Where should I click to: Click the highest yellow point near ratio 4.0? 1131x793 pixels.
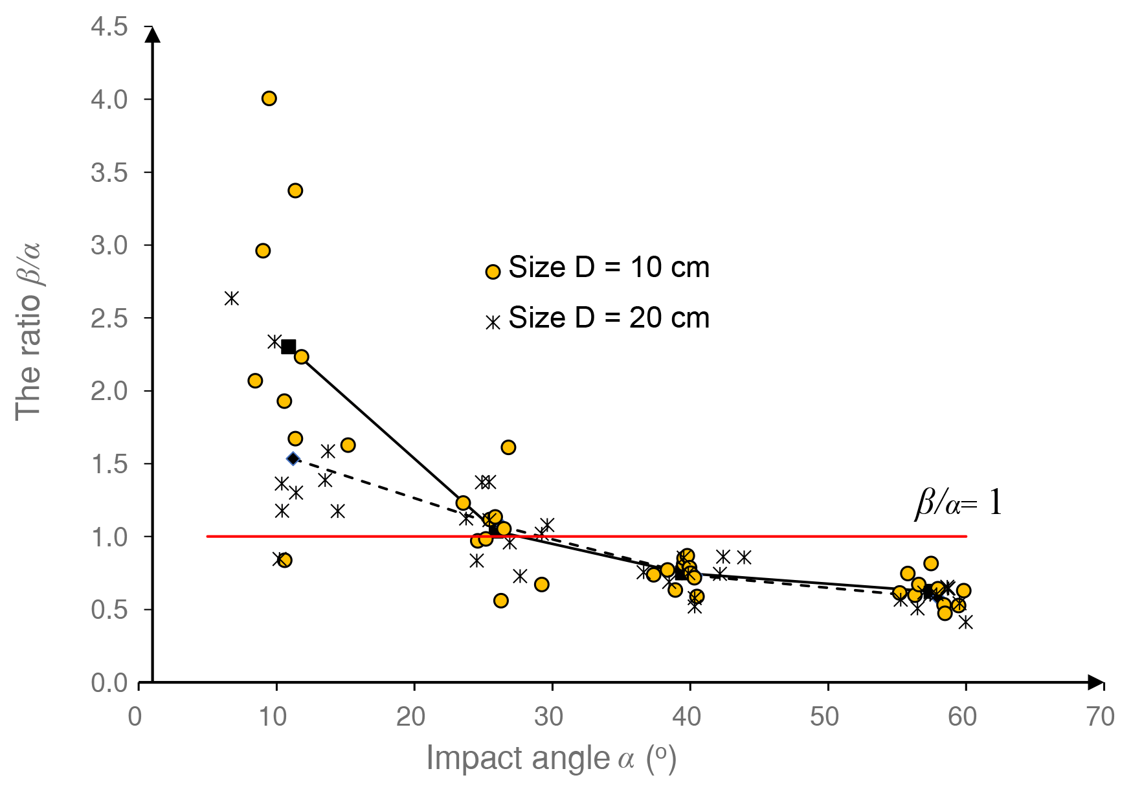tap(269, 98)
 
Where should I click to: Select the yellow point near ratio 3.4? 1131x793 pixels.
tap(295, 190)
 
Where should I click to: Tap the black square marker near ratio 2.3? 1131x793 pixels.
tap(289, 346)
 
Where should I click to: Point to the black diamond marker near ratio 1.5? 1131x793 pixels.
tap(293, 459)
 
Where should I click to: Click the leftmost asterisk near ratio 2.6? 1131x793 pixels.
tap(232, 298)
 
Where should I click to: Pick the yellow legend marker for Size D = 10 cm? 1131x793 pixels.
tap(493, 272)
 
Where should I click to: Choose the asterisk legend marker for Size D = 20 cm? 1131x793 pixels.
tap(493, 322)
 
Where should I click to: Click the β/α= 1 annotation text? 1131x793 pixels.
tap(958, 502)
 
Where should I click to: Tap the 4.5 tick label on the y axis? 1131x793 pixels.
tap(109, 27)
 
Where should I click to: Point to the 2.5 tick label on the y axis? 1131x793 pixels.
tap(109, 318)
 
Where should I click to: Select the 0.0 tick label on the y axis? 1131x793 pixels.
tap(109, 683)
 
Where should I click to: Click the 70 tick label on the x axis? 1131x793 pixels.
tap(1101, 717)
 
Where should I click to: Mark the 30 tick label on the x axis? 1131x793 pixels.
tap(549, 717)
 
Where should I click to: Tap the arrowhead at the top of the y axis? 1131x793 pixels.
tap(153, 34)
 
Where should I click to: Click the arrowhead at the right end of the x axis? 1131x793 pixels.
tap(1095, 682)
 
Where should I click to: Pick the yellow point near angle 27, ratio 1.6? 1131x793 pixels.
tap(508, 447)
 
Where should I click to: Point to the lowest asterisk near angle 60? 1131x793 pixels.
tap(966, 621)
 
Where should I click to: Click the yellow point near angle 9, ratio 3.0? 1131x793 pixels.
tap(263, 251)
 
